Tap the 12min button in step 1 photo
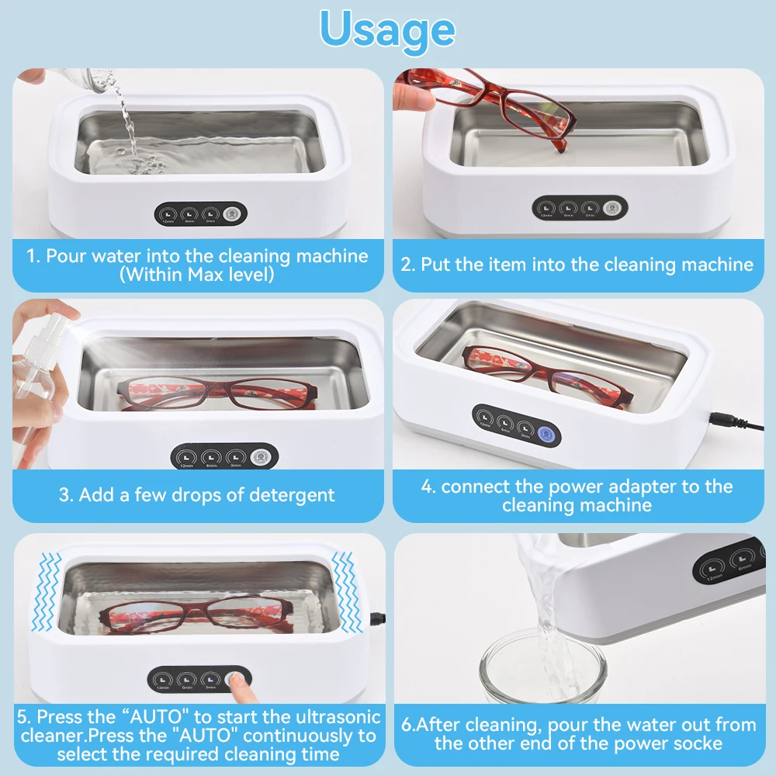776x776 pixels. point(168,213)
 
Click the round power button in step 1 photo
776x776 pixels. point(231,213)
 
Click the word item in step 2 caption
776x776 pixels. point(513,265)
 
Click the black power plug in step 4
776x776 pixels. point(729,422)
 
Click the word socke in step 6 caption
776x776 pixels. point(699,743)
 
